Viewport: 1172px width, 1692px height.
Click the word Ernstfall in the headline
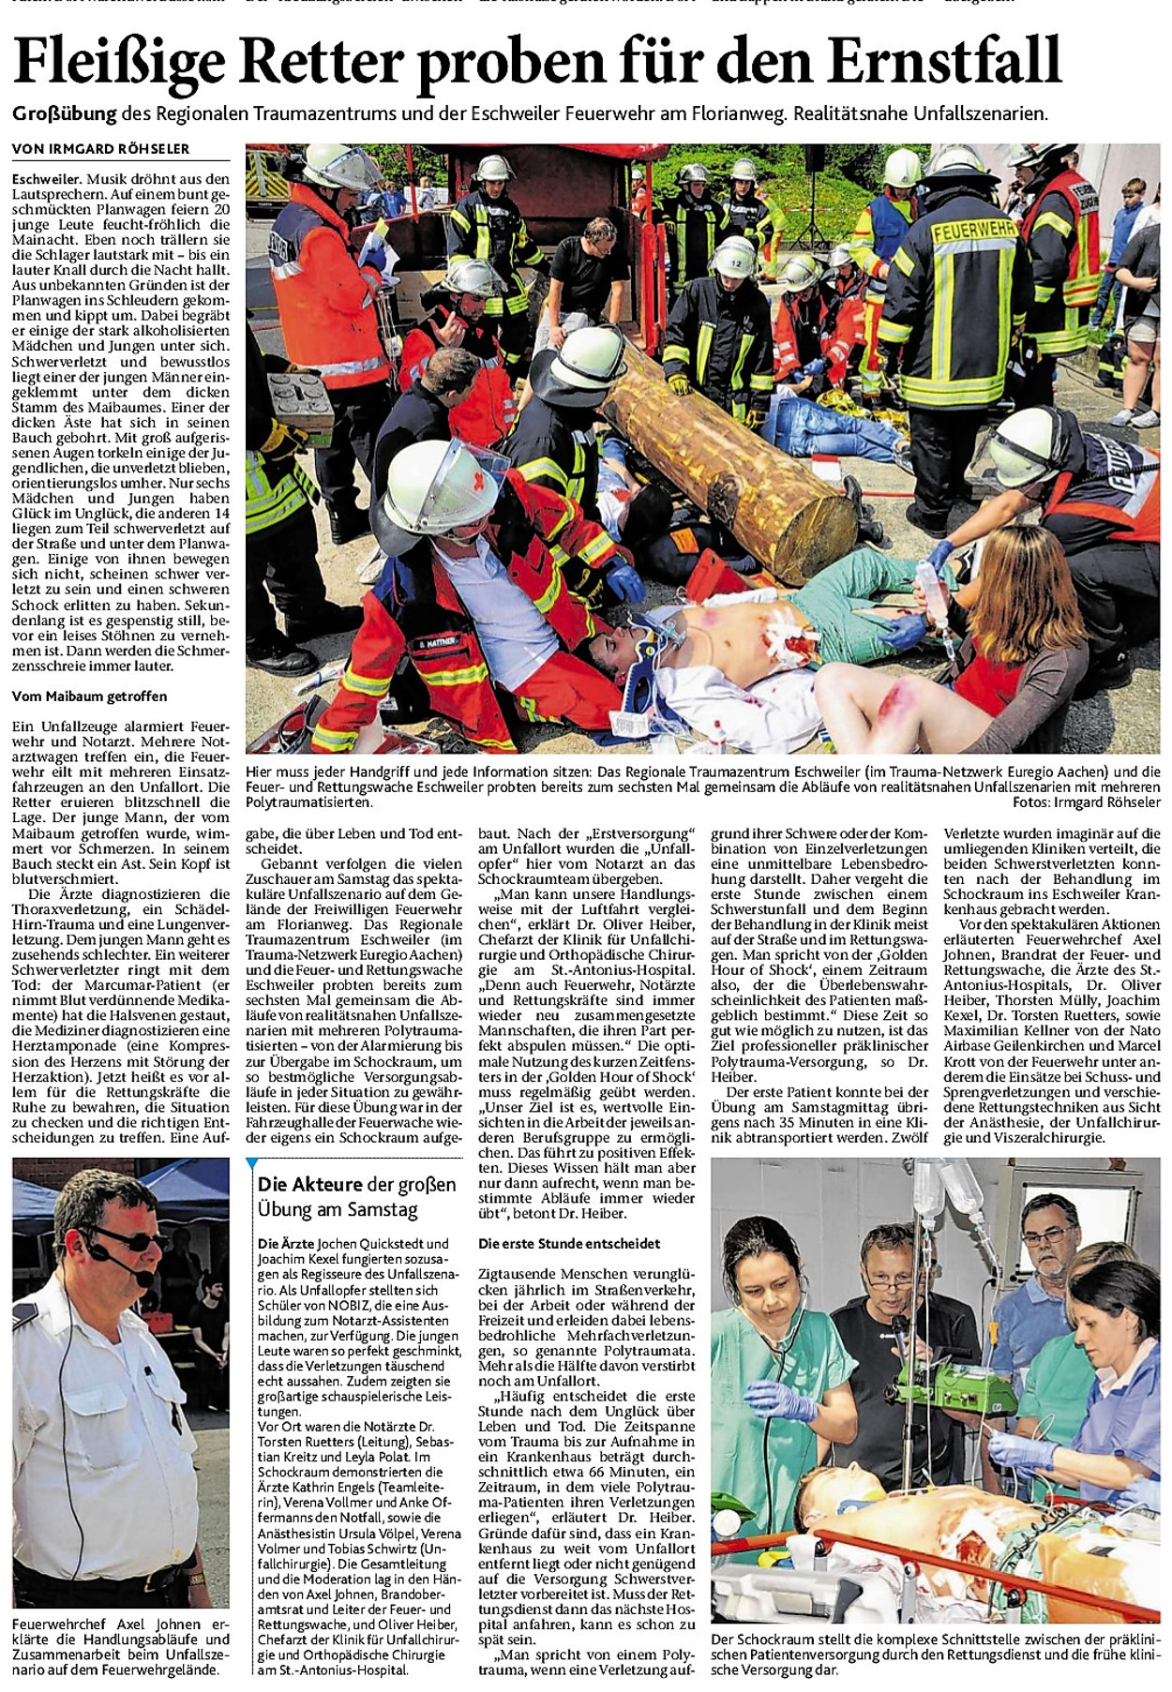[944, 60]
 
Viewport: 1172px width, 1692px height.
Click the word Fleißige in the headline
[120, 60]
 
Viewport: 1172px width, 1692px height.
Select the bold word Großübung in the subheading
[65, 114]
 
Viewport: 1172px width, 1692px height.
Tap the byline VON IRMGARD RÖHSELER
[100, 148]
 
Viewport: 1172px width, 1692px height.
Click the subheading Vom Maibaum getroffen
[89, 696]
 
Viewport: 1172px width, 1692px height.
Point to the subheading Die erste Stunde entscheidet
[569, 1244]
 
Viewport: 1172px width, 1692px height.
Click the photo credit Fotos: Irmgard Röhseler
[1086, 802]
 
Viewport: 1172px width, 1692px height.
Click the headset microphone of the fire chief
[144, 1278]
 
